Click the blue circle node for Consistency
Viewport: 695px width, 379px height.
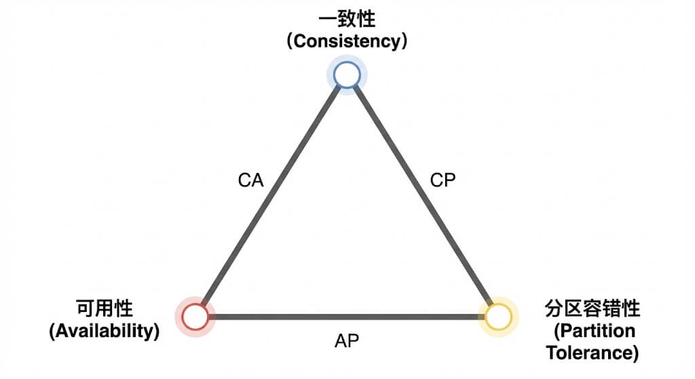[x=346, y=75]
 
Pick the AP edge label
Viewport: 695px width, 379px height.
[x=347, y=340]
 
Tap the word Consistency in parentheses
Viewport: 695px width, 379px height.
[x=347, y=41]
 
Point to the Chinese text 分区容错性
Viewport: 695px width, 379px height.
[x=593, y=310]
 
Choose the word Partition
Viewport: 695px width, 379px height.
[x=595, y=331]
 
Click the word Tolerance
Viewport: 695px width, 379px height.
[x=589, y=353]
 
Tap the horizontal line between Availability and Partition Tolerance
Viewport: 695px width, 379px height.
[x=347, y=317]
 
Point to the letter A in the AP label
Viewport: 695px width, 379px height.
[x=340, y=340]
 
